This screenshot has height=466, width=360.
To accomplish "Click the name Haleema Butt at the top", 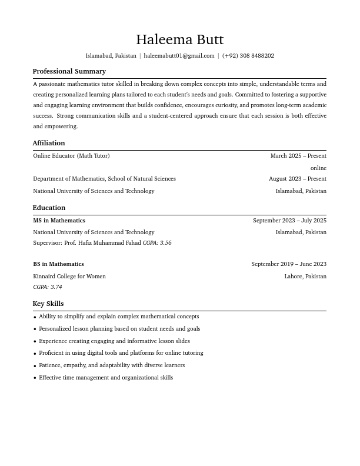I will click(x=179, y=39).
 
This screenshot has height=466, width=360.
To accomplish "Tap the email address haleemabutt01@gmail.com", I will click(x=179, y=56).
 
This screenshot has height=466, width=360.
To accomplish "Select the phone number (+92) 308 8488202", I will click(x=248, y=56).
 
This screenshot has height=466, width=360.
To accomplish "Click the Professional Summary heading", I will click(x=69, y=71).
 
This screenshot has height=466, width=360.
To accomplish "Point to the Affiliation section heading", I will click(x=49, y=143).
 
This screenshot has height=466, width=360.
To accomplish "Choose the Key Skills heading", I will click(x=48, y=304).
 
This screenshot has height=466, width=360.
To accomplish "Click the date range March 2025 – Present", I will click(x=298, y=156).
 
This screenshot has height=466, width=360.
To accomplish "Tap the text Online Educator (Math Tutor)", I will click(x=71, y=156).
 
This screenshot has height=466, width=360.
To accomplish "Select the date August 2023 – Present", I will click(x=297, y=179).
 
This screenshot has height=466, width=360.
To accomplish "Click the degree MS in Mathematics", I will click(x=59, y=221).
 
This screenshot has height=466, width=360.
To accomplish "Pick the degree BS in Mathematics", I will click(x=58, y=264).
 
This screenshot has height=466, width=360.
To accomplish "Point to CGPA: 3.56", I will click(x=157, y=243).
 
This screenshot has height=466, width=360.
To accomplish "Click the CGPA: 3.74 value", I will click(x=48, y=287).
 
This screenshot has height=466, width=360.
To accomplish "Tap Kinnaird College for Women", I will click(x=69, y=277).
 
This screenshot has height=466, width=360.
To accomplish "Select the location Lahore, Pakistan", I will click(x=305, y=277).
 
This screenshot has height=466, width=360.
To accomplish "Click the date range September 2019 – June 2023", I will click(x=288, y=264).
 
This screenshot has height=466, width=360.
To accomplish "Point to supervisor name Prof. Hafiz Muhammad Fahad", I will click(x=102, y=243).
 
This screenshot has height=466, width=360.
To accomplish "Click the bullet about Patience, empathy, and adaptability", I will click(x=112, y=365).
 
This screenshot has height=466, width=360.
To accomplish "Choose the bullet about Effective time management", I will click(x=106, y=378).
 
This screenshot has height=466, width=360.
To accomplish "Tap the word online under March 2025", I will click(x=318, y=168).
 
